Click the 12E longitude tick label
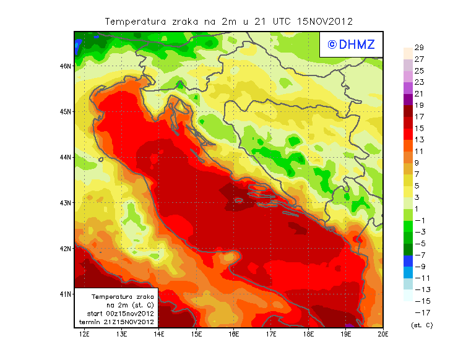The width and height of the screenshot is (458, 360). pyautogui.click(x=84, y=335)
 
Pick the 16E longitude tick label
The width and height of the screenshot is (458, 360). pyautogui.click(x=234, y=335)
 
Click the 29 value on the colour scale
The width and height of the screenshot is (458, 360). pyautogui.click(x=418, y=48)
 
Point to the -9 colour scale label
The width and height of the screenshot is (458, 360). pyautogui.click(x=420, y=267)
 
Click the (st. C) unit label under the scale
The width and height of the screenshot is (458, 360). pyautogui.click(x=422, y=325)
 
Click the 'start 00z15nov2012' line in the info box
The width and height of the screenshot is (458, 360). pyautogui.click(x=117, y=314)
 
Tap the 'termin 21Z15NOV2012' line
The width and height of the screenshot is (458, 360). pyautogui.click(x=117, y=322)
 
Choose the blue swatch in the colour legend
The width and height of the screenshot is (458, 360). pyautogui.click(x=408, y=261)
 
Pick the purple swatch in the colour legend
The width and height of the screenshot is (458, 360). pyautogui.click(x=408, y=99)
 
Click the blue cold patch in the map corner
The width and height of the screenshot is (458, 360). pyautogui.click(x=79, y=45)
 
